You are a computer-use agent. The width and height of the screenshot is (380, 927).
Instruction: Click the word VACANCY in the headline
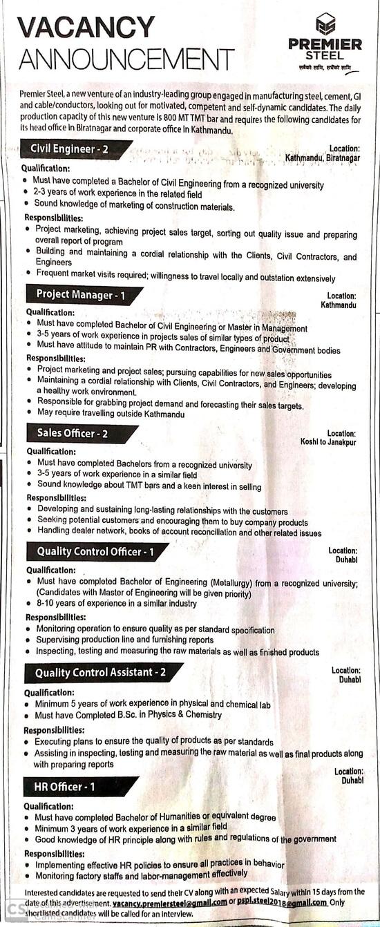tap(86, 28)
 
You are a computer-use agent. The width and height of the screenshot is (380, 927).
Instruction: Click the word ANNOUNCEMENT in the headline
tap(126, 59)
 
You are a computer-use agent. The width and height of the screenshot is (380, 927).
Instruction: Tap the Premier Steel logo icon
tap(325, 23)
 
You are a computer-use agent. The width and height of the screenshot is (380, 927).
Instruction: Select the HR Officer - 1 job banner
tap(65, 787)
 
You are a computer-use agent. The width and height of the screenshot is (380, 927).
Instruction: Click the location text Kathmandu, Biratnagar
tap(323, 158)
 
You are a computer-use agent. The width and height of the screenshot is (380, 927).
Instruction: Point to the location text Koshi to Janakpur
tap(328, 442)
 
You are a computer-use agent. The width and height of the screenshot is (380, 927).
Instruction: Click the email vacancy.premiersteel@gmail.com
tap(169, 903)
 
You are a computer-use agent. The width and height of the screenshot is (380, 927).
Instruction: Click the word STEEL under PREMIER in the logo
tap(325, 57)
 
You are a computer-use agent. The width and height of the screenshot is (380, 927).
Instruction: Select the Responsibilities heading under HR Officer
tap(55, 853)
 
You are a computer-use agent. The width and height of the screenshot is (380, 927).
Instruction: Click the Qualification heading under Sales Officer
tap(51, 452)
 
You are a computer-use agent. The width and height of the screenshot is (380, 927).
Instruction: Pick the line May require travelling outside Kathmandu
tap(111, 414)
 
